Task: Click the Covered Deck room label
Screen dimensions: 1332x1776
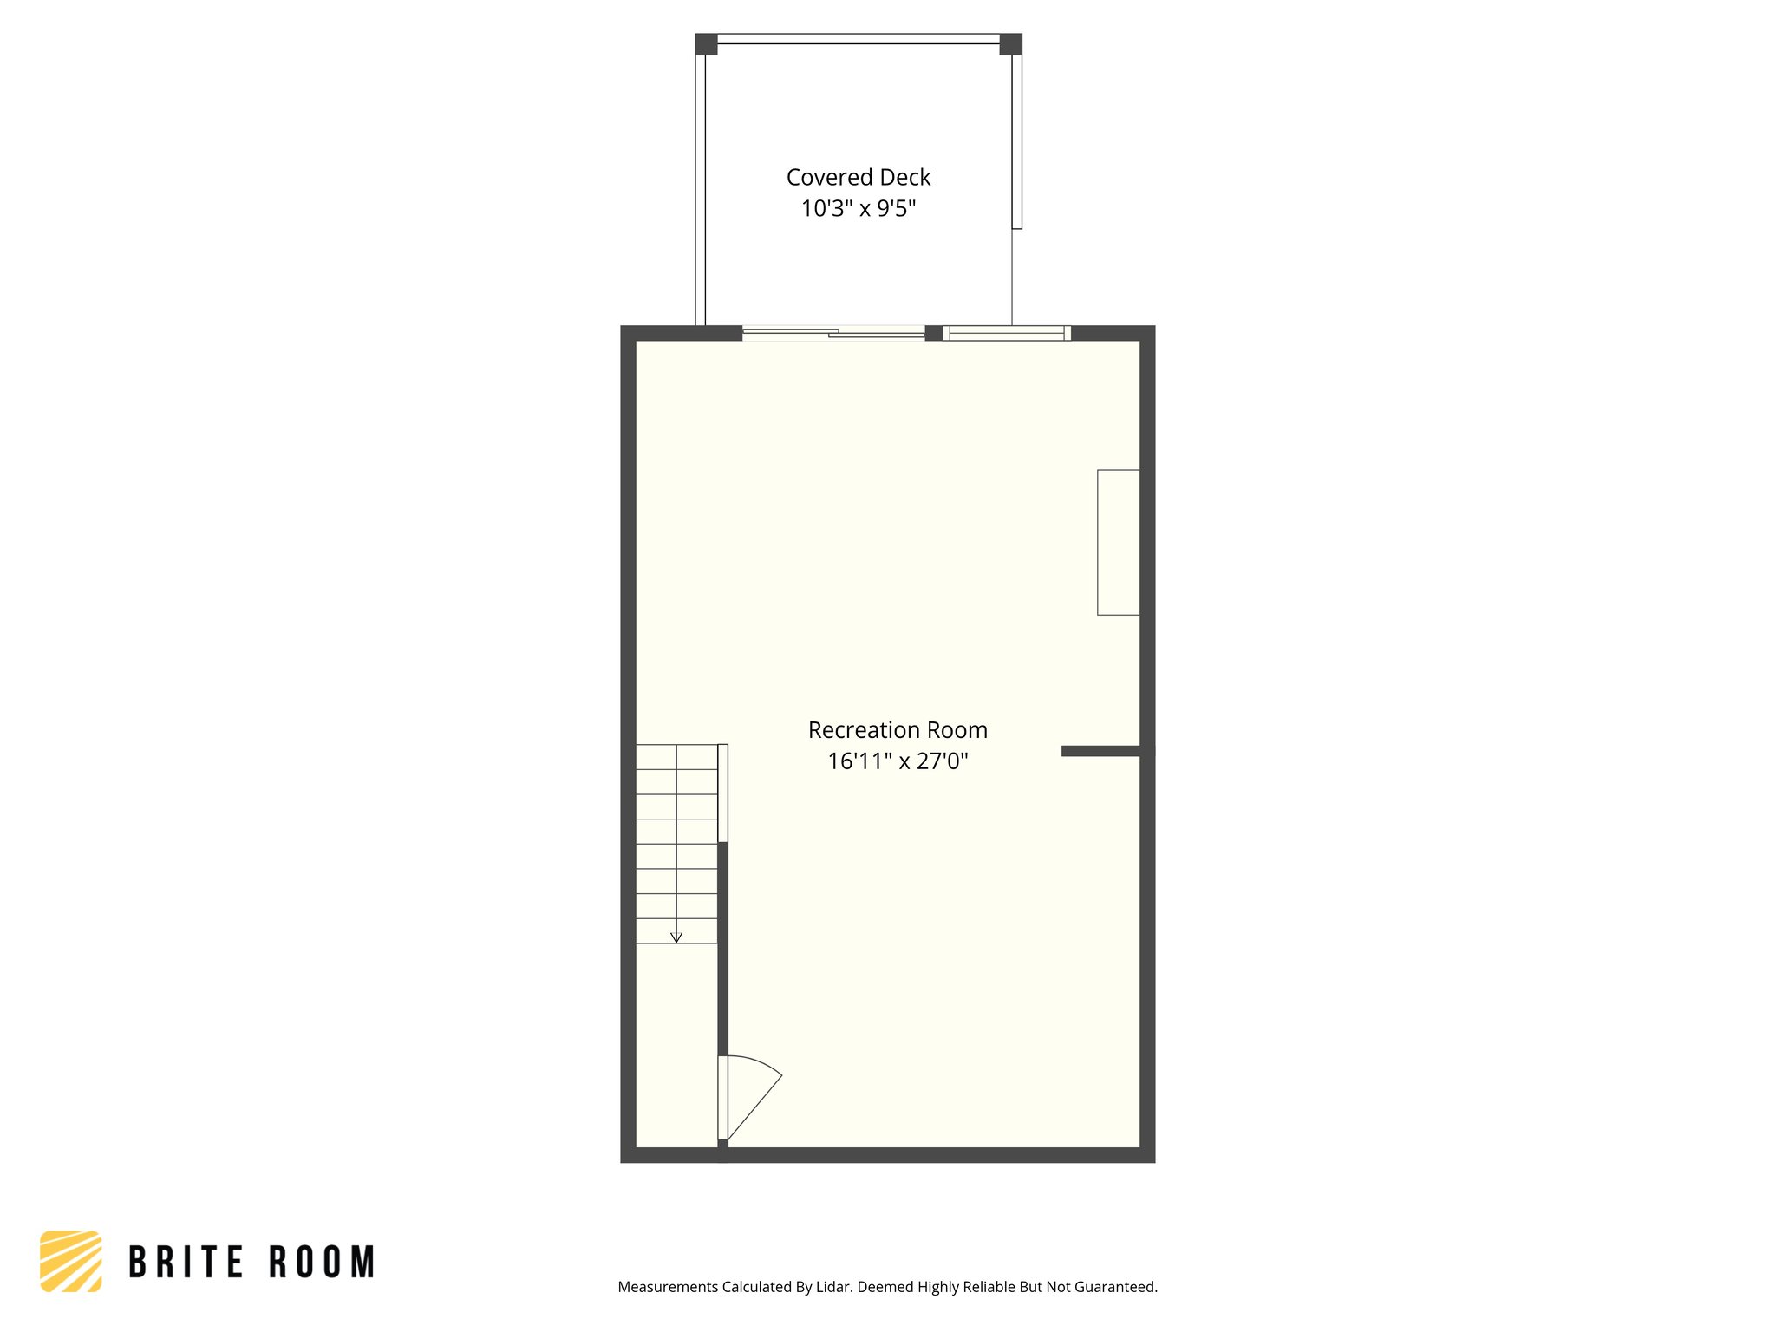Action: [x=858, y=177]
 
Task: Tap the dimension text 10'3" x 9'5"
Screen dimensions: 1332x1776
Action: [x=858, y=208]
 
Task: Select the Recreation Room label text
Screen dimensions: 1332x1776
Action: [x=898, y=730]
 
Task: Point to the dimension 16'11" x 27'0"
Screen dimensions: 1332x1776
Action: [x=898, y=761]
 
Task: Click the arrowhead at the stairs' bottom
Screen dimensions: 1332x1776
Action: [x=676, y=937]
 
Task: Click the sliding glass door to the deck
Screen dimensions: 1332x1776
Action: [x=833, y=332]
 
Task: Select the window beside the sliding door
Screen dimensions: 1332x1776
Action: [x=1007, y=333]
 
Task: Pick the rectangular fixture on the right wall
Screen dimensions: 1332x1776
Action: [x=1119, y=542]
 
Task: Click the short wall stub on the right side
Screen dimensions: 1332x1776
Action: [x=1101, y=751]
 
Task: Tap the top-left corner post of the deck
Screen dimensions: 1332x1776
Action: [x=706, y=44]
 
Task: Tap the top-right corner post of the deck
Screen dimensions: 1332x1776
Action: [x=1011, y=44]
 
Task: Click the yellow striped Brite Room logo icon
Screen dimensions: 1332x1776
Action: [x=71, y=1261]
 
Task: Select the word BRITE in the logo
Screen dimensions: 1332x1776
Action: [x=186, y=1263]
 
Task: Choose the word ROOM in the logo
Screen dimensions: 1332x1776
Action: [x=322, y=1263]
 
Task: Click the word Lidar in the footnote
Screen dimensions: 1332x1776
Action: [x=833, y=1287]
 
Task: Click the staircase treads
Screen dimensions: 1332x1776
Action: [x=676, y=841]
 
